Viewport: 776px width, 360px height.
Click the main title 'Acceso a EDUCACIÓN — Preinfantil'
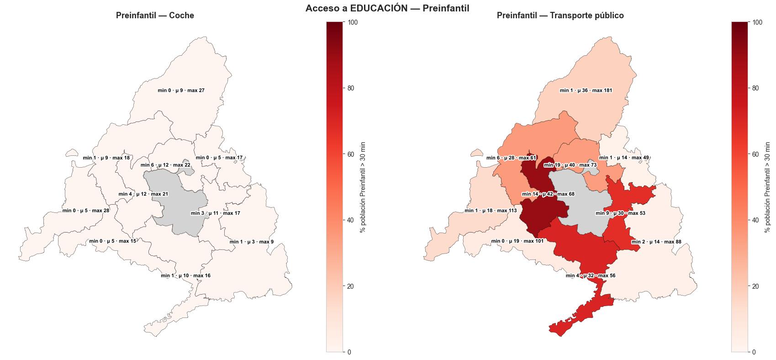click(x=387, y=8)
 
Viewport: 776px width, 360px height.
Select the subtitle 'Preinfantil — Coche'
click(x=155, y=16)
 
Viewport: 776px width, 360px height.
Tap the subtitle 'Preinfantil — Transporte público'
click(x=560, y=16)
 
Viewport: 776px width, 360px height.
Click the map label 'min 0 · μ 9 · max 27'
click(x=181, y=90)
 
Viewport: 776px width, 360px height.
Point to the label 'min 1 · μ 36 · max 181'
click(x=586, y=90)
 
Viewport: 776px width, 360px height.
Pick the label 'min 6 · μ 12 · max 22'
click(x=165, y=165)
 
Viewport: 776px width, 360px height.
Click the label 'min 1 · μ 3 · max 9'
click(x=252, y=242)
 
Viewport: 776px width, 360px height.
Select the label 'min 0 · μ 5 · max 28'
click(x=86, y=211)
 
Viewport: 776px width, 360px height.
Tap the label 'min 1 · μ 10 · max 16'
click(x=185, y=275)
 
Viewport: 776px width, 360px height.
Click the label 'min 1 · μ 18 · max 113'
click(x=491, y=211)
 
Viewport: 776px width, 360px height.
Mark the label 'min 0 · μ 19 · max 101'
click(x=517, y=241)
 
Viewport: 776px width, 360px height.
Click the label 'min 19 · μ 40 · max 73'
click(x=570, y=165)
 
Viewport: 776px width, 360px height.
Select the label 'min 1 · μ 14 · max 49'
click(x=623, y=158)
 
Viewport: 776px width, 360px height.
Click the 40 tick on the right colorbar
click(x=755, y=220)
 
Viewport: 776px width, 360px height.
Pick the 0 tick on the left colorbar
click(x=349, y=352)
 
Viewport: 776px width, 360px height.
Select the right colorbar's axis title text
click(x=767, y=187)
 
